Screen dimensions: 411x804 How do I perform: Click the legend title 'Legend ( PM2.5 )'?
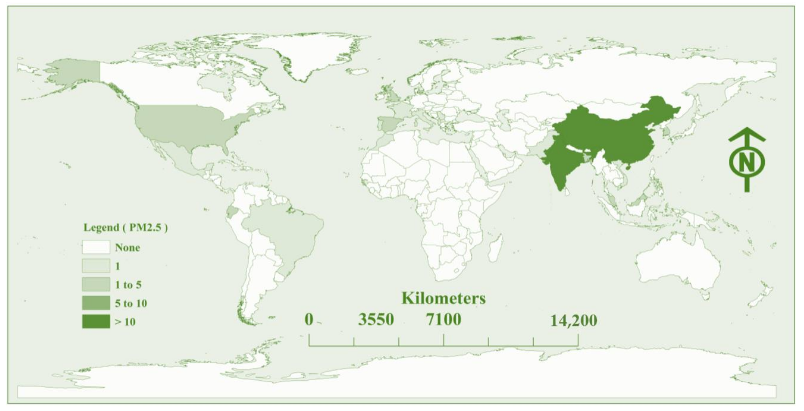coord(125,228)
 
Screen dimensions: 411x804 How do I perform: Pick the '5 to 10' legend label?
coord(131,303)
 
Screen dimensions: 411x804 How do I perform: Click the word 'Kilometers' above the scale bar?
coord(443,298)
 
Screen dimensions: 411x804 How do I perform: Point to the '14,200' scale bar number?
coord(574,321)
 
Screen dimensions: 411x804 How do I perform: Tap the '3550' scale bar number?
coord(376,320)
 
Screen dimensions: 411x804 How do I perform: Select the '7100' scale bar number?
coord(443,320)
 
